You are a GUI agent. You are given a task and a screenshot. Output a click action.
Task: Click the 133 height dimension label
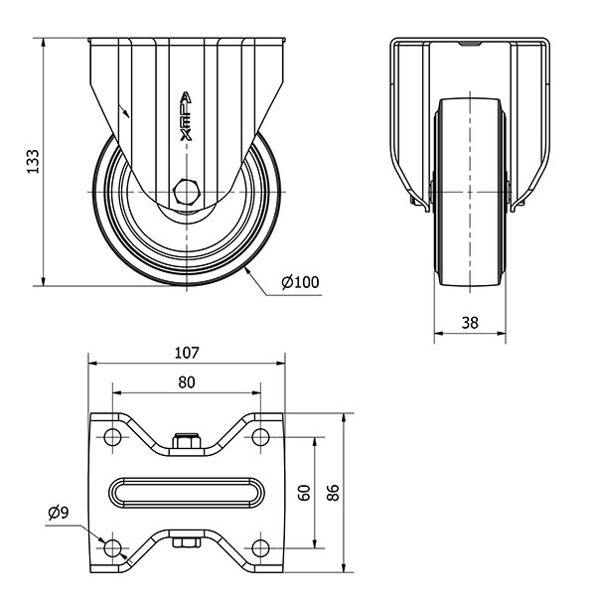33,161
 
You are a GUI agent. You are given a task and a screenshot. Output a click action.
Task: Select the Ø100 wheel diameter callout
300,282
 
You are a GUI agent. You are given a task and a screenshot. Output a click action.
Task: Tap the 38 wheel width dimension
470,322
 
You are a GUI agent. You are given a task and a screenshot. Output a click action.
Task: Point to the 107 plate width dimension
187,353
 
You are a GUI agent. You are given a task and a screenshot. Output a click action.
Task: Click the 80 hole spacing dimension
187,382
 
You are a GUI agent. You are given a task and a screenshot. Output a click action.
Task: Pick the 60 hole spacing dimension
305,493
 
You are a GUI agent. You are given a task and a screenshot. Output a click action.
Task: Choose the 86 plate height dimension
333,493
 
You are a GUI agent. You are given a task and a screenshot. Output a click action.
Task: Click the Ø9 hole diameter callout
59,513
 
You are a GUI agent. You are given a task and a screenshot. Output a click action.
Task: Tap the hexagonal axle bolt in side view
186,192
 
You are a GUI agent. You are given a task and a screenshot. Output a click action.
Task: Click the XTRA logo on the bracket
186,116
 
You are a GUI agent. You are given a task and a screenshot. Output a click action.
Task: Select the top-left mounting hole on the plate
112,437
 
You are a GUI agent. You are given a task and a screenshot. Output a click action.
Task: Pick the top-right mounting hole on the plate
260,437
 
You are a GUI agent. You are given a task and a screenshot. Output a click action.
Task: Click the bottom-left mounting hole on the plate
112,548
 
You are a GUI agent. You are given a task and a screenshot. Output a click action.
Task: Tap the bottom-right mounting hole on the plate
260,548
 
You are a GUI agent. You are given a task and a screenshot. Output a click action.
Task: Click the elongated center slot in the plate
187,493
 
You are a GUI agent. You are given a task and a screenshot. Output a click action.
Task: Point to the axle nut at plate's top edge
187,441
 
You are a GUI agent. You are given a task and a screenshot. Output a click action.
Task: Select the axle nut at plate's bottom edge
187,542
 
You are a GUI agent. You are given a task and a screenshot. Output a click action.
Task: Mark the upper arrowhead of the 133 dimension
44,43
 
